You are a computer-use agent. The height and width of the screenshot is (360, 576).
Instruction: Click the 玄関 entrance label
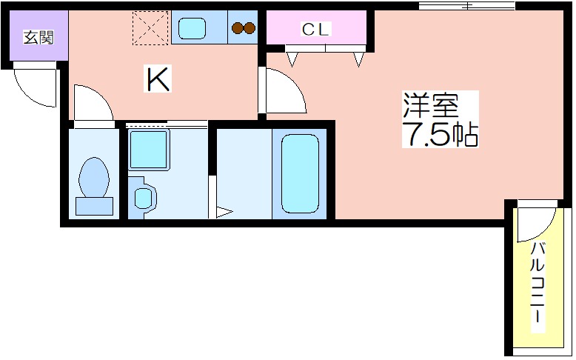[x=38, y=37]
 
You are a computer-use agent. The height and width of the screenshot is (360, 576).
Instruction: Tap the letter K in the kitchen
[x=158, y=79]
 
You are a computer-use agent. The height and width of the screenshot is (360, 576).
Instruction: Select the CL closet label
[x=315, y=29]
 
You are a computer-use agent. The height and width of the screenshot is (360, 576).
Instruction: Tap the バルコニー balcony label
[x=537, y=282]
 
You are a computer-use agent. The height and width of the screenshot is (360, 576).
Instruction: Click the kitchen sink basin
[x=192, y=28]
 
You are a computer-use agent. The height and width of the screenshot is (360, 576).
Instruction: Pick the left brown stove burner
[x=238, y=28]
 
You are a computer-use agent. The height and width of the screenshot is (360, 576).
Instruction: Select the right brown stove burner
[x=250, y=28]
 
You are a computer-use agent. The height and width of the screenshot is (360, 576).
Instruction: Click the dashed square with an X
[x=150, y=28]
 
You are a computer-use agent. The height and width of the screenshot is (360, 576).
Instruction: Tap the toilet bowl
[x=94, y=177]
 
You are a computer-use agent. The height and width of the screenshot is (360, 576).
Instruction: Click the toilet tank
[x=94, y=206]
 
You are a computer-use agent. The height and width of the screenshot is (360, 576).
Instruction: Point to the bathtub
[x=300, y=173]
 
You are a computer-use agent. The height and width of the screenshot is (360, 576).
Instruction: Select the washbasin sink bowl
[x=143, y=199]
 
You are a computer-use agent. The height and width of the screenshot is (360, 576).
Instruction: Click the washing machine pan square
[x=148, y=150]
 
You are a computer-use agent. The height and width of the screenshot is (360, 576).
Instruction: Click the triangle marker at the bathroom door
[x=224, y=212]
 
